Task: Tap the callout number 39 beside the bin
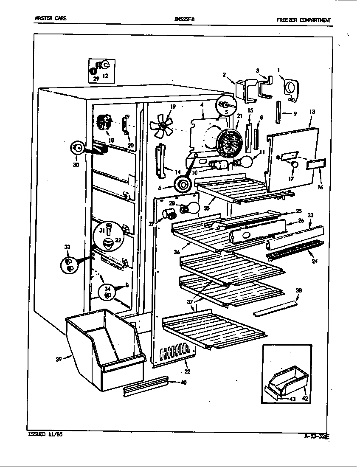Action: coord(58,359)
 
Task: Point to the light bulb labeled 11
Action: coord(246,162)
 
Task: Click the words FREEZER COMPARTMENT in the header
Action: coord(303,20)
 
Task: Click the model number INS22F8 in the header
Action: coord(184,19)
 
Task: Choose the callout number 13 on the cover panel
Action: coord(312,112)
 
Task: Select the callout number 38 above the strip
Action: coord(299,291)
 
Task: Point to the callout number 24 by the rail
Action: coord(314,261)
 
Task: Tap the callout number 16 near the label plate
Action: coord(320,186)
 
